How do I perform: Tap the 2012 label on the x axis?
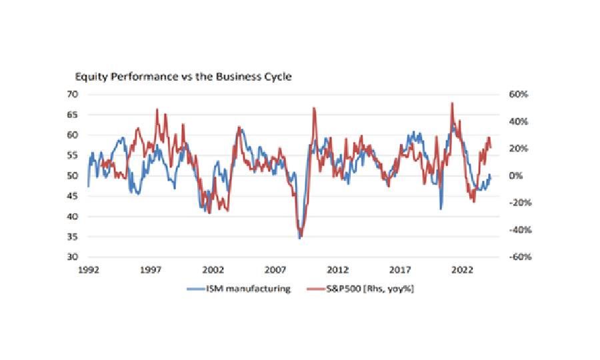338,271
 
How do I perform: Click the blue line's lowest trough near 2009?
299,238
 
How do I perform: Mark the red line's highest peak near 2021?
452,103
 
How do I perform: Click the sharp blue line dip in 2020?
441,209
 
